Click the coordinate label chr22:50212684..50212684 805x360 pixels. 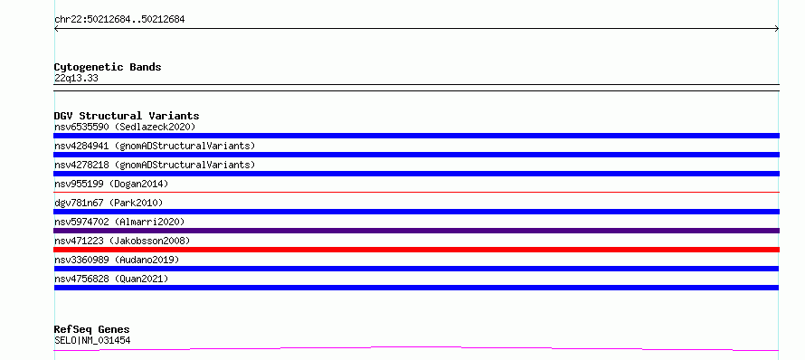pyautogui.click(x=119, y=20)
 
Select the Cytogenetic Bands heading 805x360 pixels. pyautogui.click(x=108, y=67)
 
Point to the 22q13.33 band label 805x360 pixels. pyautogui.click(x=76, y=78)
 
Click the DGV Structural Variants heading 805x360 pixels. pyautogui.click(x=127, y=116)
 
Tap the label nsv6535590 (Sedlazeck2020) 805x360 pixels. pyautogui.click(x=125, y=127)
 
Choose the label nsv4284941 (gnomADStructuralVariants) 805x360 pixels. pyautogui.click(x=155, y=146)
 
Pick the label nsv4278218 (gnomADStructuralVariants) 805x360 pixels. pyautogui.click(x=155, y=165)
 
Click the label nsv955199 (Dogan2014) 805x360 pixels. pyautogui.click(x=111, y=184)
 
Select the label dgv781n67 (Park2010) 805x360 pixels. pyautogui.click(x=109, y=203)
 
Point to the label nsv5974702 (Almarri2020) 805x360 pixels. pyautogui.click(x=119, y=222)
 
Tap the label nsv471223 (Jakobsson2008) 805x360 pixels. pyautogui.click(x=122, y=241)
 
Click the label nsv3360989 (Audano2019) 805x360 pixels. pyautogui.click(x=117, y=260)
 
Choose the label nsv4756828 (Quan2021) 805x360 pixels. pyautogui.click(x=111, y=279)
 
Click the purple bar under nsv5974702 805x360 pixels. pyautogui.click(x=416, y=231)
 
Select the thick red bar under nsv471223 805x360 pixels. pyautogui.click(x=416, y=250)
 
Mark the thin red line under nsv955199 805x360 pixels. pyautogui.click(x=416, y=192)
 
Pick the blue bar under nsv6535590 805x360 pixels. pyautogui.click(x=416, y=136)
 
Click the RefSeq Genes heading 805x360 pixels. pyautogui.click(x=92, y=329)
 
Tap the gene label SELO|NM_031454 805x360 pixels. pyautogui.click(x=92, y=340)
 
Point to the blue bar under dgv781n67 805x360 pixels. pyautogui.click(x=416, y=212)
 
